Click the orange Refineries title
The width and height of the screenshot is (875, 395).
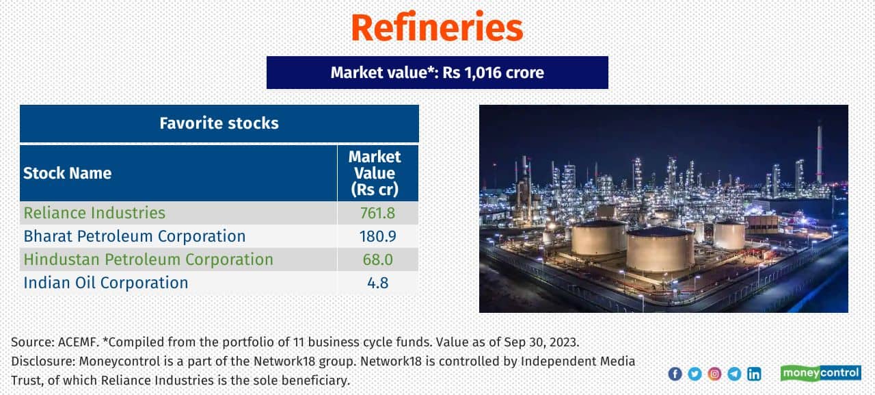[437, 28]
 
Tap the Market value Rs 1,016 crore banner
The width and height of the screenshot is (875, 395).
[437, 73]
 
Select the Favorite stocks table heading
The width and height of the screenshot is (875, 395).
[219, 123]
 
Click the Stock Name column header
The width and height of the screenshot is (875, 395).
[68, 173]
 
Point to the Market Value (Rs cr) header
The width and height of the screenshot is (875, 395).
[375, 173]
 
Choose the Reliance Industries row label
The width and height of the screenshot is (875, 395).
[94, 213]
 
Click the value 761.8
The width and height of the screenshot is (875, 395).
[377, 213]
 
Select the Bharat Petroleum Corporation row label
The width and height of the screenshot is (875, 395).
[135, 236]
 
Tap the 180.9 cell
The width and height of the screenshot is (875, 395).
[377, 236]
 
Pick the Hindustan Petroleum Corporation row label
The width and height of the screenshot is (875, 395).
[148, 259]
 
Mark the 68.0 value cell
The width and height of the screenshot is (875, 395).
[377, 259]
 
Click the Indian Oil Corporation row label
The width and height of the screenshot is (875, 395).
[106, 283]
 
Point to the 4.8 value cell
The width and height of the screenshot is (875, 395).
[377, 283]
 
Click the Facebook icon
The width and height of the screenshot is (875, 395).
[675, 374]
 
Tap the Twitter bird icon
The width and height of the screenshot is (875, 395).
[695, 374]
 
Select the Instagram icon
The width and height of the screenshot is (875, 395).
[714, 374]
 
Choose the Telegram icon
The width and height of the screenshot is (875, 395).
[734, 374]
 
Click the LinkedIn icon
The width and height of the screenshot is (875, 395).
[754, 374]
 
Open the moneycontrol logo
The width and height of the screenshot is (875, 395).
[820, 373]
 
